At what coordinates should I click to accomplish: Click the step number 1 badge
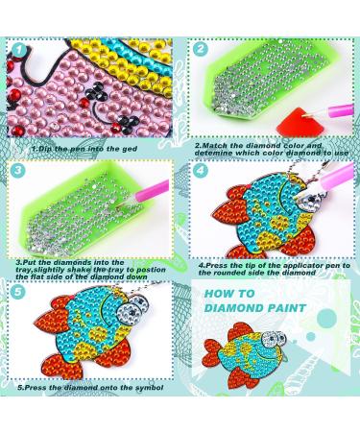(x=20, y=50)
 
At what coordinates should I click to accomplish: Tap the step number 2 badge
(x=201, y=49)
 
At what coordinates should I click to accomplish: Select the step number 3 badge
(x=18, y=170)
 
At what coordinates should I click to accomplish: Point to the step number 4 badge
(x=201, y=170)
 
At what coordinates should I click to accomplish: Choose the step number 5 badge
(x=18, y=292)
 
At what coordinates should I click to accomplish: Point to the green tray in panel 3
(x=84, y=209)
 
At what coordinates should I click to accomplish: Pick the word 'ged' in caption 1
(x=131, y=149)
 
